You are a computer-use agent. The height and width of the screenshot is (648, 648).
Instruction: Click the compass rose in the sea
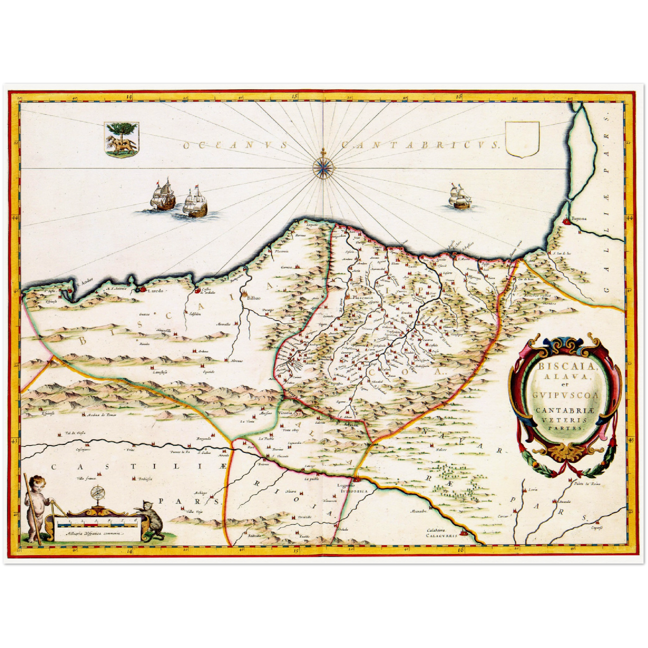pos(323,167)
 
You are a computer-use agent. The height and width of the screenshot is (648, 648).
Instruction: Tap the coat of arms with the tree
pos(122,139)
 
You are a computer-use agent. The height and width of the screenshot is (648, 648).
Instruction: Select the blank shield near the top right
pos(522,139)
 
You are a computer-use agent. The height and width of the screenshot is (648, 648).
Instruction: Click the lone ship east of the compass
pos(460,198)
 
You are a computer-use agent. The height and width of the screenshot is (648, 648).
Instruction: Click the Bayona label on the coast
pos(578,219)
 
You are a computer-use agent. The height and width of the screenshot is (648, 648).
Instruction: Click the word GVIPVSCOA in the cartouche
pos(566,395)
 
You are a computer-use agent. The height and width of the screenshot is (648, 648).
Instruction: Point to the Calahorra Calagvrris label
pos(442,533)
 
